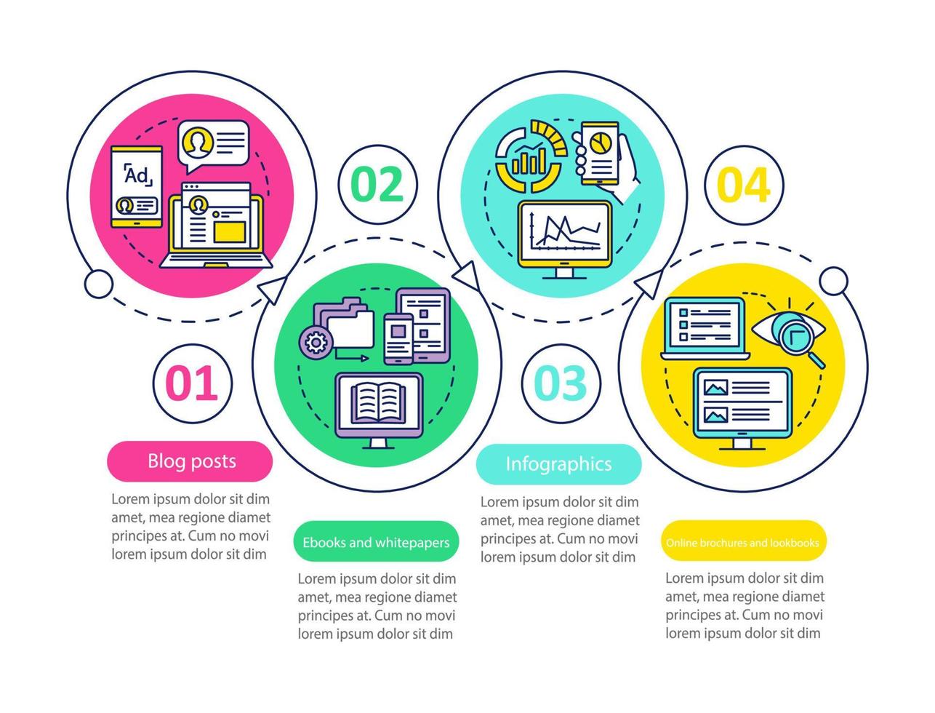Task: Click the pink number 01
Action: pos(193,383)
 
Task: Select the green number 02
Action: pos(378,185)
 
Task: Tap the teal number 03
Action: pos(561,383)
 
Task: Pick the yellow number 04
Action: pos(744,185)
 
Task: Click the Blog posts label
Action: pos(190,461)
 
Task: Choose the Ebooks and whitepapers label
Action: pos(376,543)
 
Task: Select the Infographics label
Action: pos(558,464)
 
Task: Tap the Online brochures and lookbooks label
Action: pos(742,543)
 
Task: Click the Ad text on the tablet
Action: pos(136,175)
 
